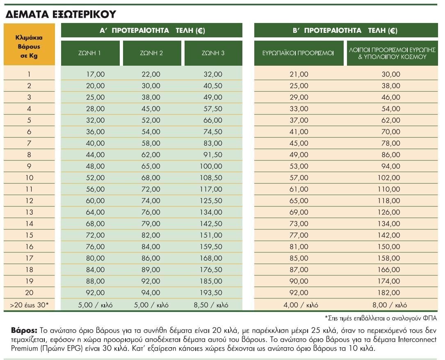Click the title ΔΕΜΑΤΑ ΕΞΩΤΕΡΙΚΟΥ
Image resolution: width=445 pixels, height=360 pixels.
[61, 14]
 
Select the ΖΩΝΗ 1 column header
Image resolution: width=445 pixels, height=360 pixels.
[90, 53]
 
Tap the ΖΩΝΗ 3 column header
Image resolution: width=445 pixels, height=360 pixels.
[213, 53]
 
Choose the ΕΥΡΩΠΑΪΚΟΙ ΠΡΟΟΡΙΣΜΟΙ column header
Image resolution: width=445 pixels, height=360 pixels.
[298, 53]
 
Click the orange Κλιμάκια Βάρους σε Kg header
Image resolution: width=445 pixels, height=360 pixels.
[29, 45]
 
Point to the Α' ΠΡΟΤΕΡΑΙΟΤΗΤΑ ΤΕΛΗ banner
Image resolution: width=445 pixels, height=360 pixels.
[152, 30]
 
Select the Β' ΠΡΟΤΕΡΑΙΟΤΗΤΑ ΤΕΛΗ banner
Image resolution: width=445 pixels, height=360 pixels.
[346, 30]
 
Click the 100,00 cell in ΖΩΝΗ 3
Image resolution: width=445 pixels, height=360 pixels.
[211, 166]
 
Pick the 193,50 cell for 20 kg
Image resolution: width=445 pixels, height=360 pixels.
[211, 293]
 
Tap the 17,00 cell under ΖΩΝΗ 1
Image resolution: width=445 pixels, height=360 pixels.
[95, 74]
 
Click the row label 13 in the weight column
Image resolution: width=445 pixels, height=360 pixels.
[29, 212]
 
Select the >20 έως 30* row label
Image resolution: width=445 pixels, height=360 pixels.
[29, 305]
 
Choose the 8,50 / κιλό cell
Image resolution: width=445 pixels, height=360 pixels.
[211, 305]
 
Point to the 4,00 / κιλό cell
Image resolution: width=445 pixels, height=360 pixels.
[301, 305]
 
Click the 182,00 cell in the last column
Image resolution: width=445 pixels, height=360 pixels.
[389, 293]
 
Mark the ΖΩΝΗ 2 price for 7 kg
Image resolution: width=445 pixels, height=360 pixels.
[151, 143]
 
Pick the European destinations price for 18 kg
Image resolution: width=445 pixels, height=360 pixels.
[299, 270]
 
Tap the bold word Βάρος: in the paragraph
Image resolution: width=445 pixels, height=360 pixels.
[24, 330]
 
